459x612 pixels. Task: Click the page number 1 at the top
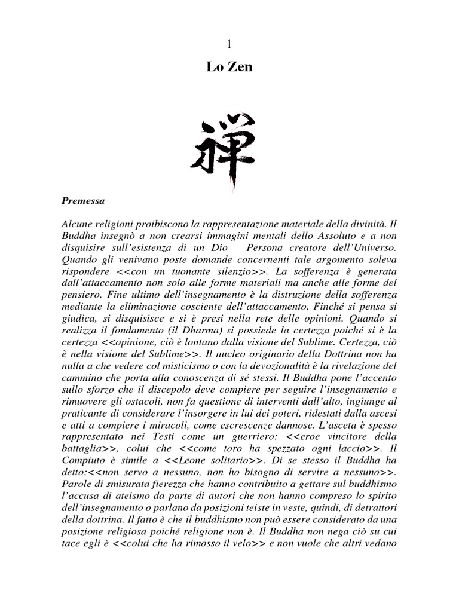(229, 45)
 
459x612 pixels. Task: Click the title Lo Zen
(229, 67)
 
